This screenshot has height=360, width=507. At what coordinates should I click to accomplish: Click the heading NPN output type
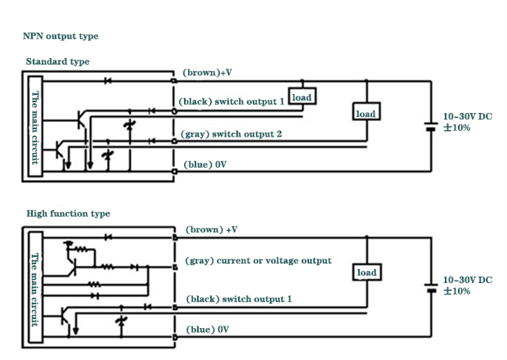pos(62,36)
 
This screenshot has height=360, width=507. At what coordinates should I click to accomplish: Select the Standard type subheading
pos(57,61)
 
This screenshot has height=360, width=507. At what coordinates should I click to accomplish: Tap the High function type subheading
pos(68,214)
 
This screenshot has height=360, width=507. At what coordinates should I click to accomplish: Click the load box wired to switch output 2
pos(366,113)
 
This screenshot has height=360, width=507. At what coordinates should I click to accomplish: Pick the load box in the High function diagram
pos(366,272)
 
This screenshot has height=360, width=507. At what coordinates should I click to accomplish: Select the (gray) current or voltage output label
pos(258,260)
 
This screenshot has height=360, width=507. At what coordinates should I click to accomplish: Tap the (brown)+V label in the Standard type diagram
pos(208,73)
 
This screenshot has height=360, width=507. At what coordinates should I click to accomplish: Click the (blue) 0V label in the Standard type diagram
pos(204,164)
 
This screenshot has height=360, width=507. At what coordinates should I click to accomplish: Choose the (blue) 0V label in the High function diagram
pos(206,329)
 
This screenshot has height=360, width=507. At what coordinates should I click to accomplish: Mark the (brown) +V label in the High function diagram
pos(211,230)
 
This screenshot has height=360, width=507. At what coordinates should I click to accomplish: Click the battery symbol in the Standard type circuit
pos(431,126)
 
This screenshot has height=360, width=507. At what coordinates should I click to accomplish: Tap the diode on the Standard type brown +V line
pos(107,80)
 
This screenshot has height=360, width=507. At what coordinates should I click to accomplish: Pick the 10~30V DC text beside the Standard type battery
pos(467,117)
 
